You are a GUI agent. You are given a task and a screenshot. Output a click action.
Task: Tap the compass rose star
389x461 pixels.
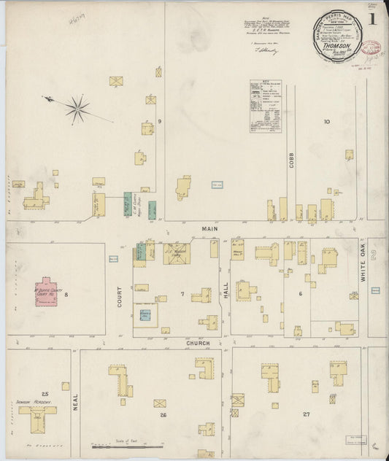[76, 109]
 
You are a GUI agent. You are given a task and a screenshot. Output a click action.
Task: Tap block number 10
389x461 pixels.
[326, 122]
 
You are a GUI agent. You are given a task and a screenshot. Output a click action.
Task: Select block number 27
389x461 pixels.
[307, 414]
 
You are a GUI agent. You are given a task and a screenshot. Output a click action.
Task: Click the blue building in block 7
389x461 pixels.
[145, 315]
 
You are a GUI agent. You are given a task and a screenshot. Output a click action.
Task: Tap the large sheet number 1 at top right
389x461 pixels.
[373, 20]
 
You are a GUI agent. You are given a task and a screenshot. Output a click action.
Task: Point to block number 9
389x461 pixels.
[158, 120]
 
